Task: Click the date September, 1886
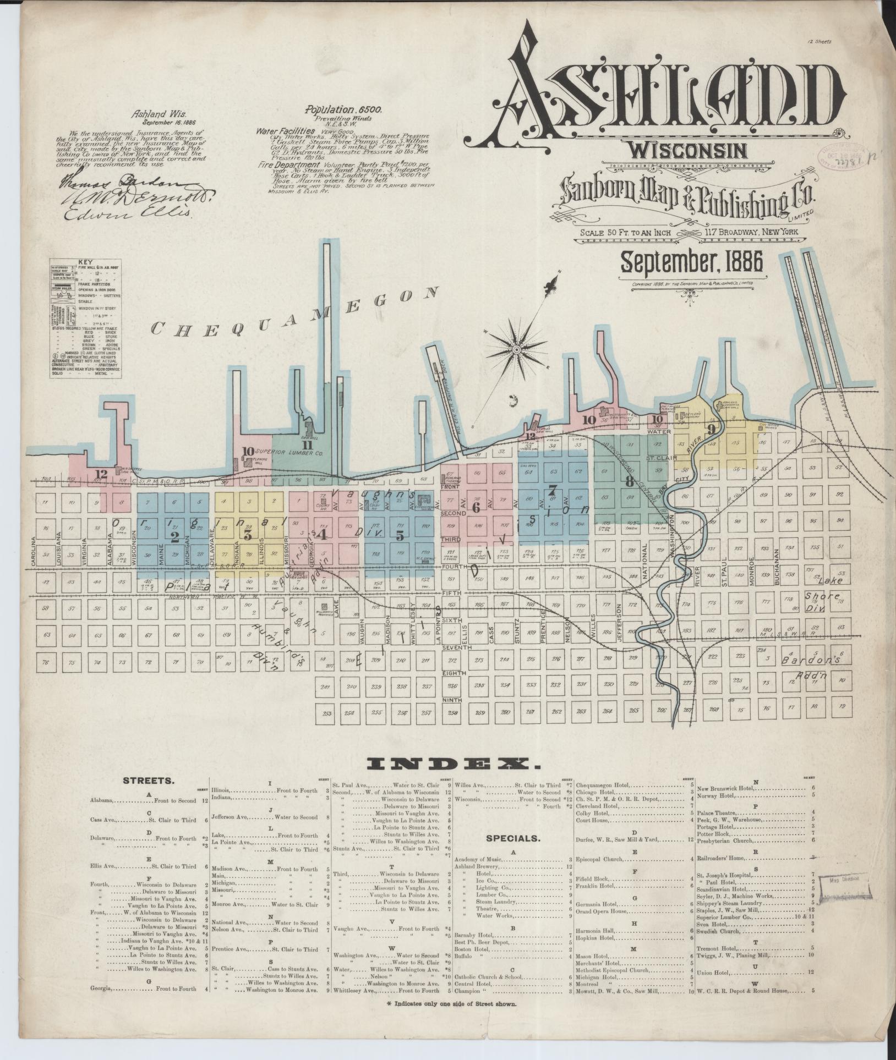(692, 262)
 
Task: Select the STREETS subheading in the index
(149, 780)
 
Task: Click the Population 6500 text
(344, 110)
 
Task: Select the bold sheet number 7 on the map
(553, 490)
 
